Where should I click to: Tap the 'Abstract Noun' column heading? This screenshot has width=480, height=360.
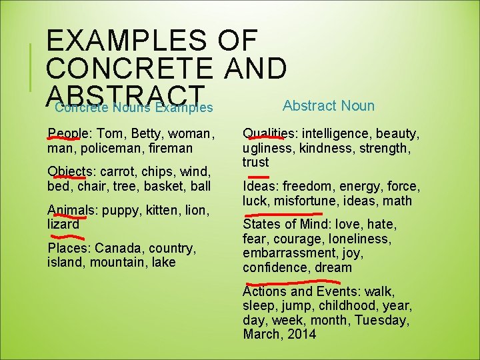coord(329,105)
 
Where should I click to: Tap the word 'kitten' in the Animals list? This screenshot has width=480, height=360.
coord(159,210)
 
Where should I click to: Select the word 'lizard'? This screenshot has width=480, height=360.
coord(63,224)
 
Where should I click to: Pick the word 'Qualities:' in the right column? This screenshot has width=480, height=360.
coord(269,133)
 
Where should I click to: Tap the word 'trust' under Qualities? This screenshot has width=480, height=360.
coord(256,162)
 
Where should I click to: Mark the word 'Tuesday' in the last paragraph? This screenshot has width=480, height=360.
coord(381,320)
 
